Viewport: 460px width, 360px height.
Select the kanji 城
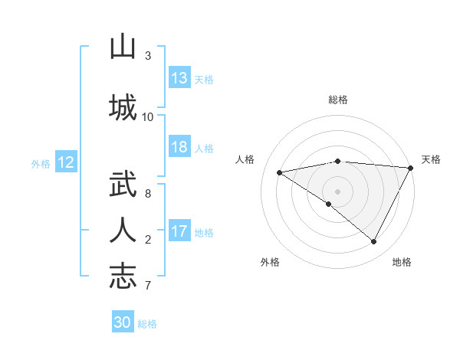(x=123, y=106)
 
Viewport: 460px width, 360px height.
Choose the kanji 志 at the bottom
(x=123, y=276)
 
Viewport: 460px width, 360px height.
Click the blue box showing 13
(x=179, y=78)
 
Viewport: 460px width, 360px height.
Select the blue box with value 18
(x=179, y=148)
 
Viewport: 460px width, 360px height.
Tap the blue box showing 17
(x=179, y=232)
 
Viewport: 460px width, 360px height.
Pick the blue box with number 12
(x=65, y=162)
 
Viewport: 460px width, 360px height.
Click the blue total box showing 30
(x=123, y=322)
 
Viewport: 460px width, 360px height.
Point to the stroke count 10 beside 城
(x=148, y=116)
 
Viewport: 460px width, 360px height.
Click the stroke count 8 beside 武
(x=148, y=194)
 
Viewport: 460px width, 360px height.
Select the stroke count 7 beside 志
(x=148, y=286)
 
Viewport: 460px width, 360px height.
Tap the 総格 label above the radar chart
(x=337, y=100)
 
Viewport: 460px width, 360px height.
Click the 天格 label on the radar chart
(x=432, y=159)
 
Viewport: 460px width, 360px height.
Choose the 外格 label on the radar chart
(x=270, y=262)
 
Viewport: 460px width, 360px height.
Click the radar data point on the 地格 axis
(x=374, y=242)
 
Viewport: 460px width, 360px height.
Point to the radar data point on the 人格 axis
(x=280, y=172)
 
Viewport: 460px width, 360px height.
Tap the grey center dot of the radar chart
(x=337, y=191)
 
